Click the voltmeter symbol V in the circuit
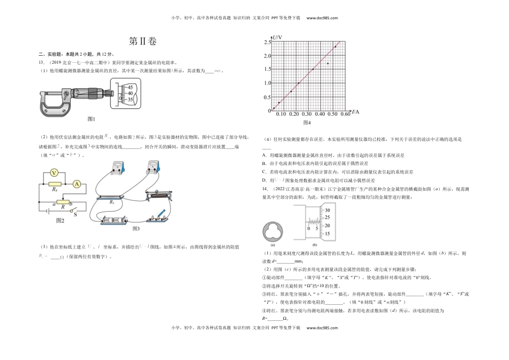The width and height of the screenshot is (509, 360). coord(54,173)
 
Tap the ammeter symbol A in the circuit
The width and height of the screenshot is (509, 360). coord(77,184)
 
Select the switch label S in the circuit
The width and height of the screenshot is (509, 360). coord(75,215)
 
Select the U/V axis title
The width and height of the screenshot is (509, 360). coord(277,39)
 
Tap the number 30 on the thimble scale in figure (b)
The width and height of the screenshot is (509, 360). coord(327,211)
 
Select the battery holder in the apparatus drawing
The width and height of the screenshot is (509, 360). coord(114,220)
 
